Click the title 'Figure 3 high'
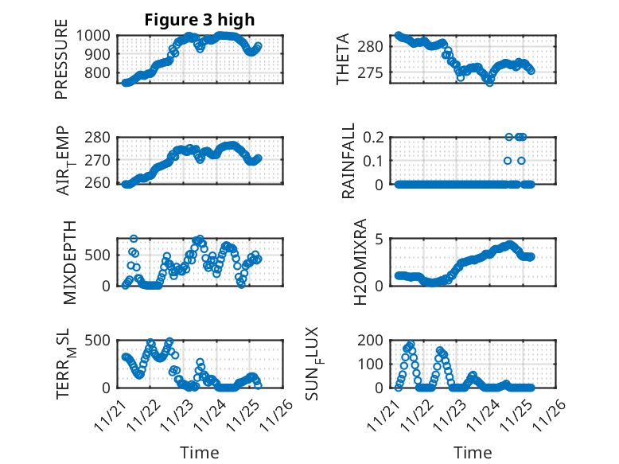(200, 20)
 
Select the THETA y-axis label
(343, 59)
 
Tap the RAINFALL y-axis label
(348, 164)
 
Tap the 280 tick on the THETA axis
(376, 46)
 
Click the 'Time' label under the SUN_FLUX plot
(473, 452)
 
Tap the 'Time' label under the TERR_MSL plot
(199, 452)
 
